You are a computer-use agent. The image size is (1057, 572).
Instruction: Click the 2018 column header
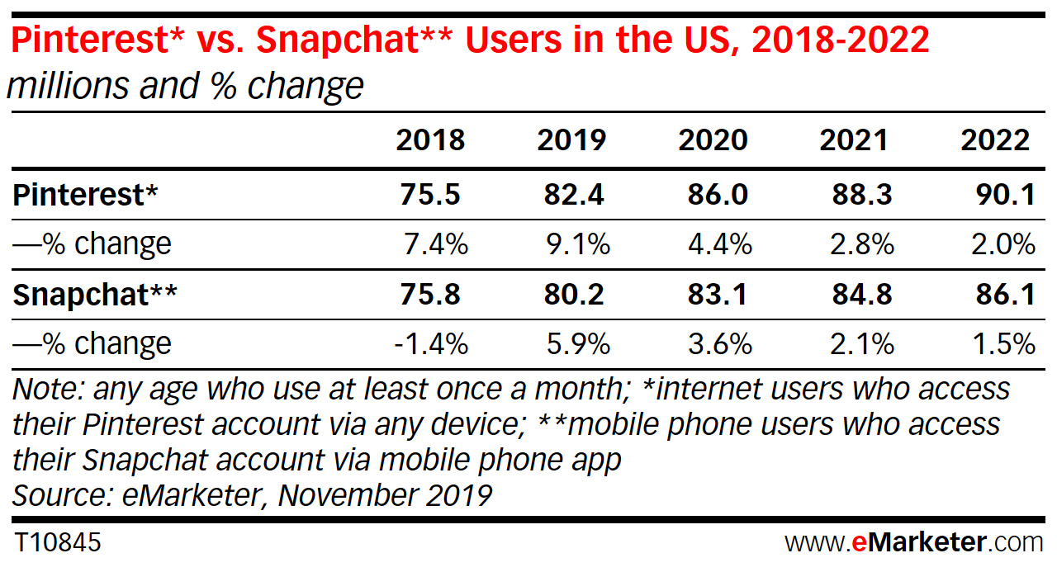(430, 140)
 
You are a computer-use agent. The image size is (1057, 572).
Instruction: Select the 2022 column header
(995, 140)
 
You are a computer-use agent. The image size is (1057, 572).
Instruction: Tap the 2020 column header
(713, 140)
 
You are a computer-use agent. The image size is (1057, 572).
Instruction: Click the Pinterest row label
(85, 195)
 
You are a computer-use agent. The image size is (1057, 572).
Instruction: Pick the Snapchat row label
(95, 295)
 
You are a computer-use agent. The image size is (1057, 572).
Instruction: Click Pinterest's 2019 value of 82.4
(573, 195)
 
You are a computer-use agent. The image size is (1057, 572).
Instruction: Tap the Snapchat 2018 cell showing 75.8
(429, 295)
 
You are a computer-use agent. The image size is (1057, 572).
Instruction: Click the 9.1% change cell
(576, 244)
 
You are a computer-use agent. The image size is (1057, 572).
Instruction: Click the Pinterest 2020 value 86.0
(717, 195)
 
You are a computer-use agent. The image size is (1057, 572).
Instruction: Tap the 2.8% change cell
(859, 244)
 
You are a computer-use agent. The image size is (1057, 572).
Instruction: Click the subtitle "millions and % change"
(185, 86)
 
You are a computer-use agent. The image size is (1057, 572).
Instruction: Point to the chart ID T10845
(57, 543)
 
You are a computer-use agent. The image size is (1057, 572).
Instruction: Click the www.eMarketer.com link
(913, 543)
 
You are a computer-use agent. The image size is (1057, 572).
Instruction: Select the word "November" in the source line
(346, 495)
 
